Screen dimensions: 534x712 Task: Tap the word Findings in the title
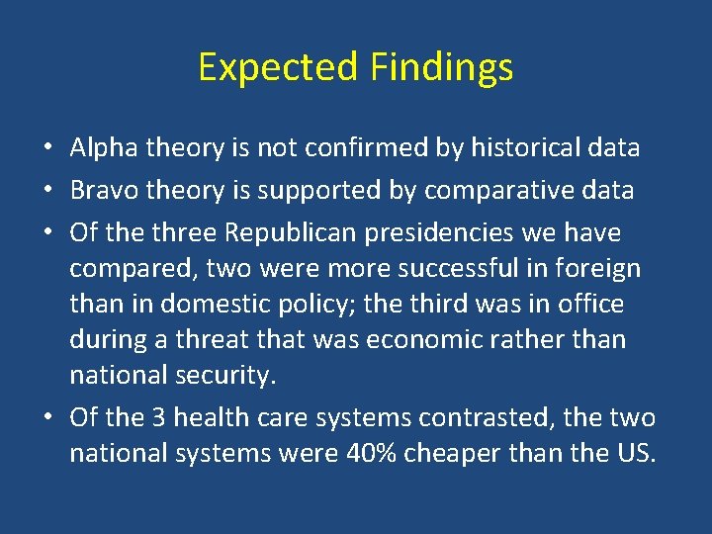click(x=442, y=67)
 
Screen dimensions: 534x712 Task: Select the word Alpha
click(x=105, y=148)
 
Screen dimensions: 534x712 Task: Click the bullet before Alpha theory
click(x=47, y=149)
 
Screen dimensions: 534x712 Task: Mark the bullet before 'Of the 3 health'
click(x=47, y=418)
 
